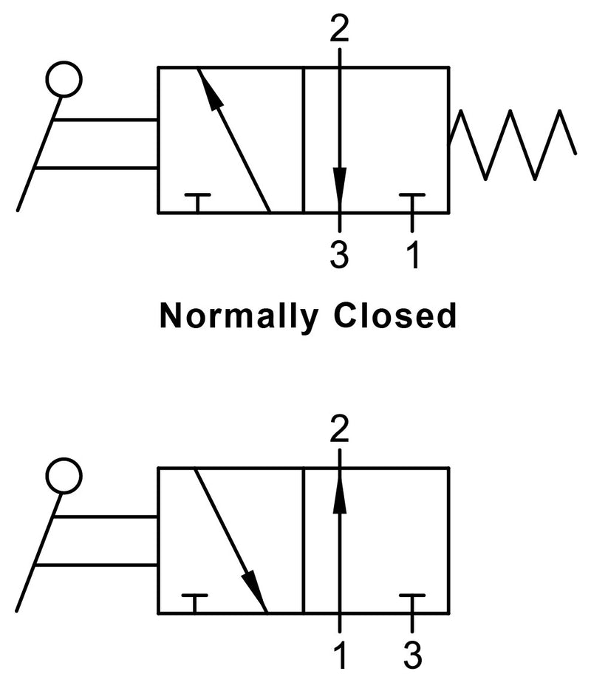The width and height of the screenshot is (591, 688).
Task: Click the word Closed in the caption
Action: [395, 316]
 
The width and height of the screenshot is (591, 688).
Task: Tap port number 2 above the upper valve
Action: [339, 29]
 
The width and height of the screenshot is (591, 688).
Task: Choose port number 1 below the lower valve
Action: [339, 653]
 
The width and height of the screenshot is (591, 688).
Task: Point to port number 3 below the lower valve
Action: [412, 653]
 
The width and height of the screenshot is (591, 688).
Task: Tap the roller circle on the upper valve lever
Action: [64, 79]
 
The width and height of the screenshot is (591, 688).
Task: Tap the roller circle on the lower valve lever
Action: [64, 477]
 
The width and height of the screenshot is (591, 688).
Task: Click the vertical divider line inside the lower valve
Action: [304, 539]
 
